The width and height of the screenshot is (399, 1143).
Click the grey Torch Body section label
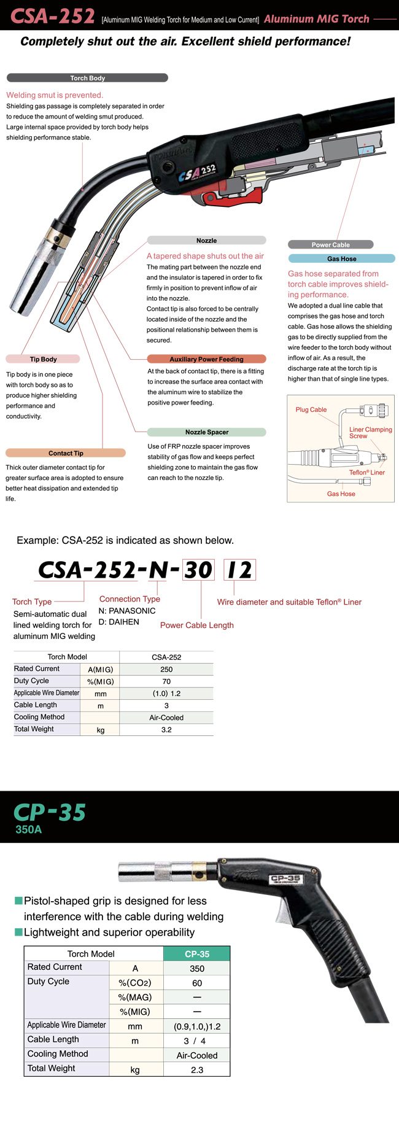point(87,78)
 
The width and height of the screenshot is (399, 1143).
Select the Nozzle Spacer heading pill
point(207,432)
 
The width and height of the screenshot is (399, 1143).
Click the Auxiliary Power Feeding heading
point(206,359)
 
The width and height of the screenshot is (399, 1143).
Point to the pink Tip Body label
point(43,359)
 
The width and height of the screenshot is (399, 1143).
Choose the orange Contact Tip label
point(66,453)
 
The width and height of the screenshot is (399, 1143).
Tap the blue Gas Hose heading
point(341,259)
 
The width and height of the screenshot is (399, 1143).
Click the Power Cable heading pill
point(330,244)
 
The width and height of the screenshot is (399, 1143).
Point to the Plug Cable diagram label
point(311,409)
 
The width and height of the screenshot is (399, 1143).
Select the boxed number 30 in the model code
point(199,570)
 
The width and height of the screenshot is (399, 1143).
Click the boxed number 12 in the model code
point(239,570)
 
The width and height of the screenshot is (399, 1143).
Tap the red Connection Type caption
point(130,599)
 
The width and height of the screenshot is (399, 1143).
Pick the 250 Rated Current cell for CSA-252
point(166,669)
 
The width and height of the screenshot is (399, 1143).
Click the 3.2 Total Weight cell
point(166,730)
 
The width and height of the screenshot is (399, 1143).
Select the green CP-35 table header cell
point(197,954)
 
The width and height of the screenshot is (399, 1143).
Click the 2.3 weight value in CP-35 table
point(197,1070)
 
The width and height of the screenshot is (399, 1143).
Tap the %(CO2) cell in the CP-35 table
point(135,983)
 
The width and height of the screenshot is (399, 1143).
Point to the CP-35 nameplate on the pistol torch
point(285,879)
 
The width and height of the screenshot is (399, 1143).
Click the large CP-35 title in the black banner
point(50,813)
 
